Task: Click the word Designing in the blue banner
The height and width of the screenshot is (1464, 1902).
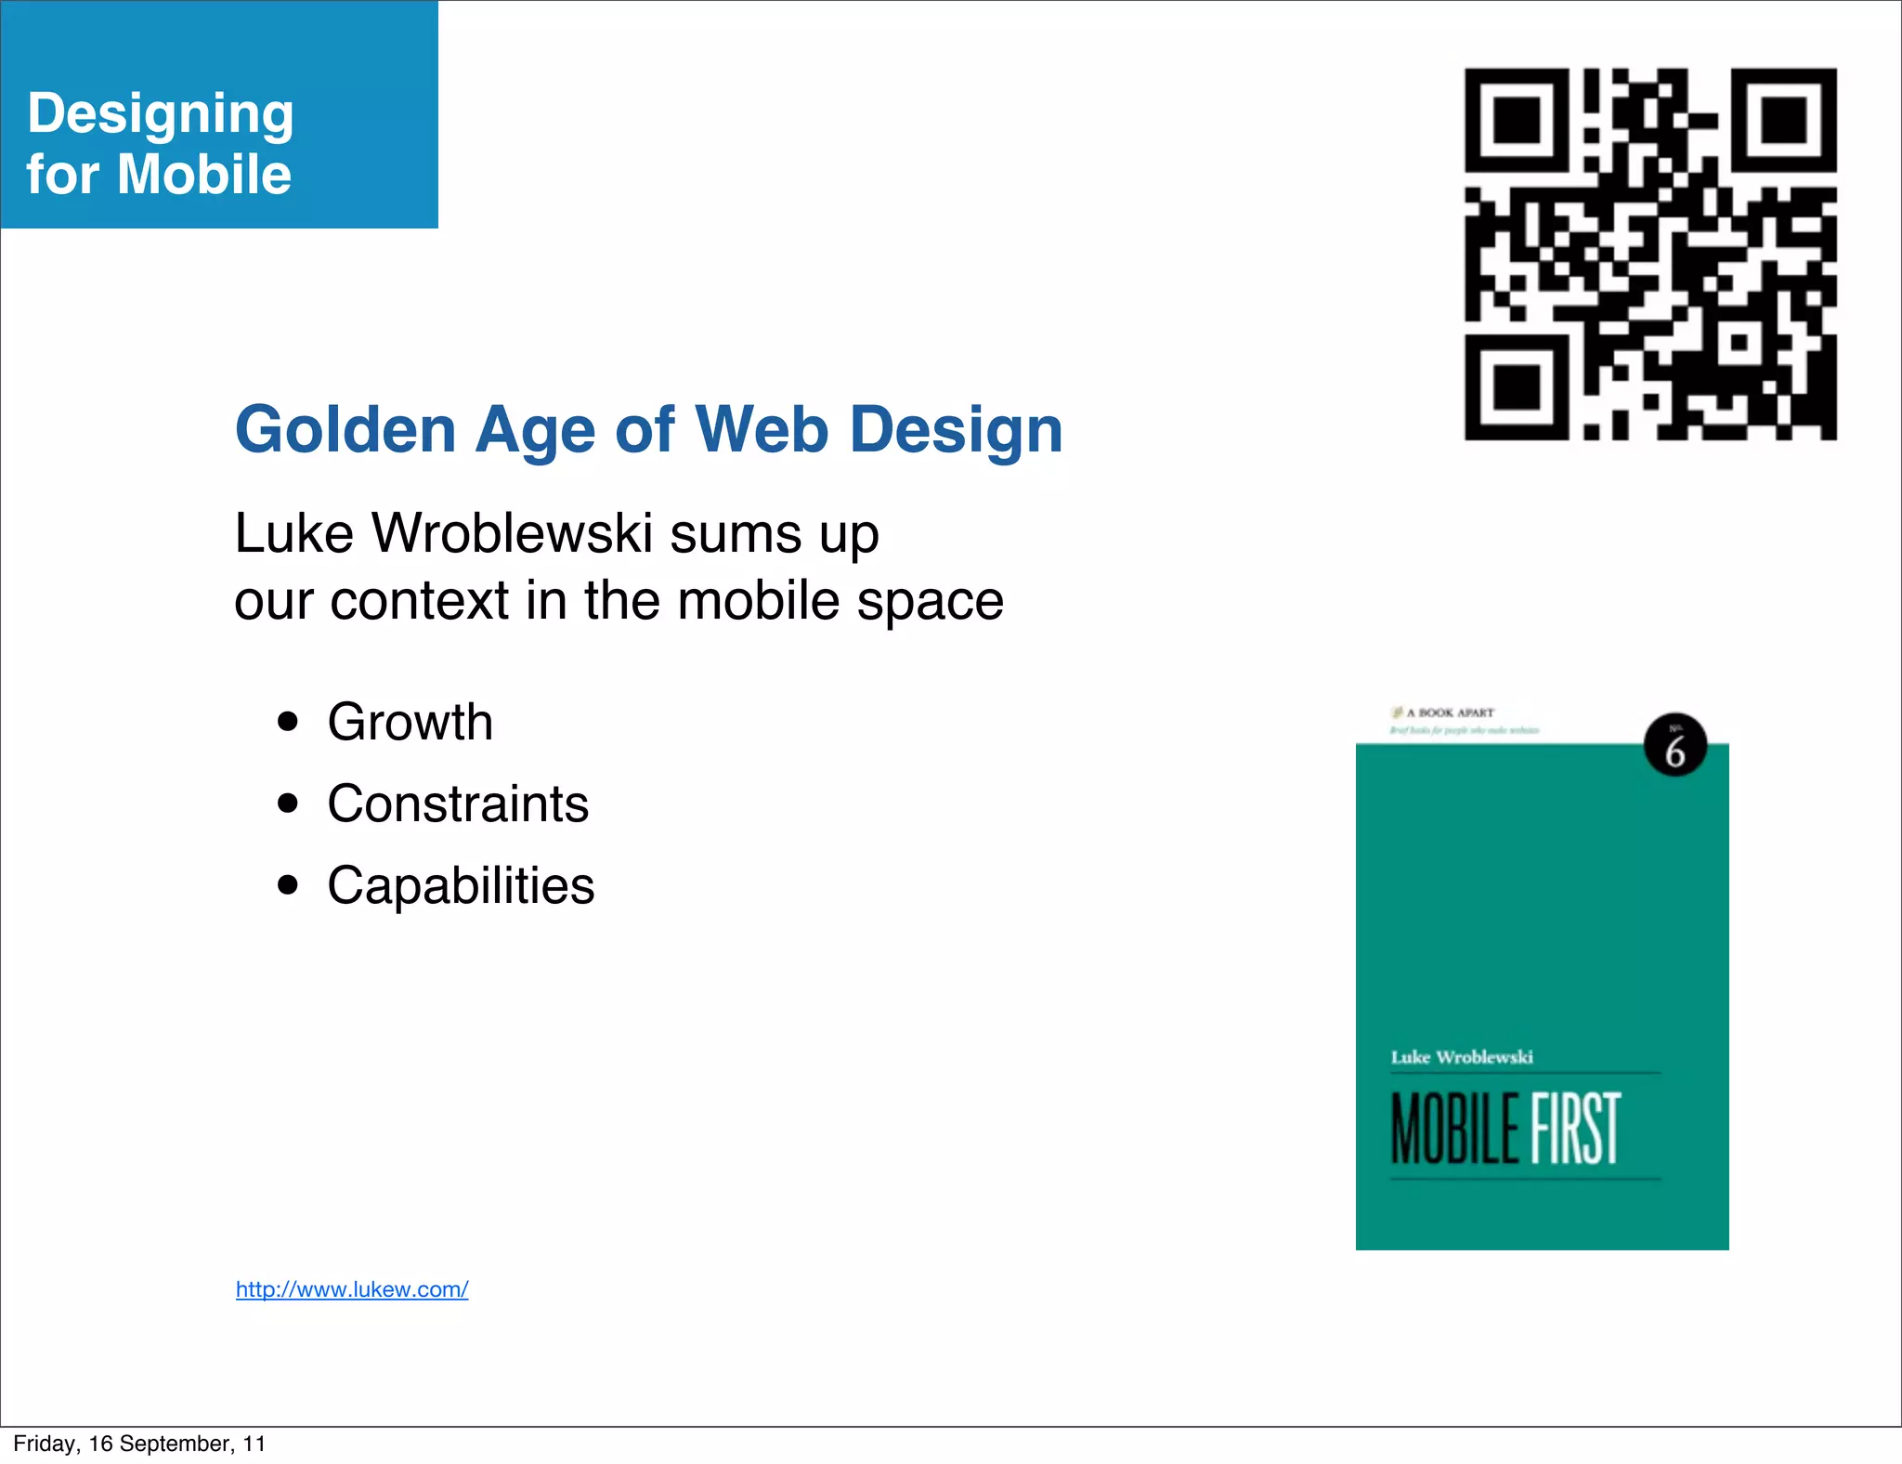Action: coord(161,114)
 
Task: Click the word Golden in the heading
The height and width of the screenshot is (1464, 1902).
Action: coord(345,430)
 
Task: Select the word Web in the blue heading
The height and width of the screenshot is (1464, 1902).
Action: coord(762,430)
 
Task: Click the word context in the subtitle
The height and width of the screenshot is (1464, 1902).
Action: coord(419,600)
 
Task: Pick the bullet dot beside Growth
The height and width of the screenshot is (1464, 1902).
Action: coord(288,722)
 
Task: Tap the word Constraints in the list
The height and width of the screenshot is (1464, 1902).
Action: coord(458,804)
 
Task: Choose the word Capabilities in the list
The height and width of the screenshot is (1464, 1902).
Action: coord(461,885)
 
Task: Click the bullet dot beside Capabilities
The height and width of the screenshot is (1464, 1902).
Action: coord(288,885)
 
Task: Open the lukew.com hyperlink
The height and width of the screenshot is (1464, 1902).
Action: coord(352,1289)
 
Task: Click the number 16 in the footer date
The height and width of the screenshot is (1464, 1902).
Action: coord(100,1444)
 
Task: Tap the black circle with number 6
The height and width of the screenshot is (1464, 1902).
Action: coord(1675,745)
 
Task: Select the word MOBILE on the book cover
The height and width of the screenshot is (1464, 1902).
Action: coord(1455,1129)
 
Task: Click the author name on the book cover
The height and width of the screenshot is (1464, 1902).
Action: coord(1462,1057)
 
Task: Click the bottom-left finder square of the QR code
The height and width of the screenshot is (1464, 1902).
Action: coord(1517,387)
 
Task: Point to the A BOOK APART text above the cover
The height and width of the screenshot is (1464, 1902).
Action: coord(1450,712)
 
